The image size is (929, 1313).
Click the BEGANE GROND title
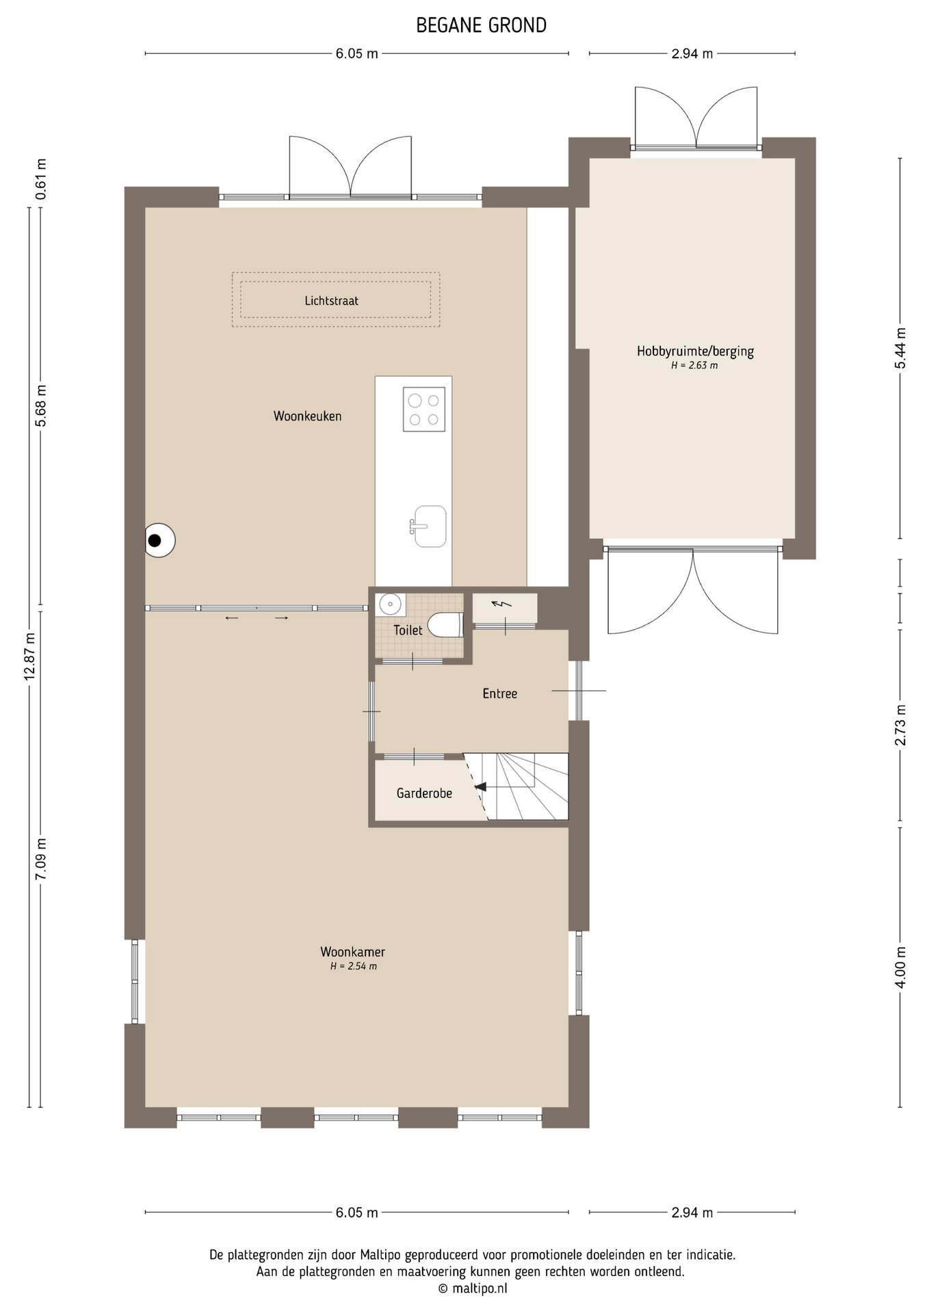(x=482, y=26)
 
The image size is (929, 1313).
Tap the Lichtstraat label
(x=332, y=301)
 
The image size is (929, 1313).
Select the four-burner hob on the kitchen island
(x=424, y=409)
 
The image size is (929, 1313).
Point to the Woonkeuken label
(x=308, y=416)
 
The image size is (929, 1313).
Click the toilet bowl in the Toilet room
(x=445, y=625)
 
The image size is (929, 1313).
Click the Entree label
(x=500, y=693)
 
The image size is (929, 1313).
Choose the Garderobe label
(x=424, y=793)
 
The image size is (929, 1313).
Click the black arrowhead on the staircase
(x=480, y=786)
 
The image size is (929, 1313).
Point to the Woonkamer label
(x=353, y=952)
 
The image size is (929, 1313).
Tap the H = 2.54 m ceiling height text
(x=354, y=966)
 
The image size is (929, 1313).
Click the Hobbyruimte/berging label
(x=695, y=352)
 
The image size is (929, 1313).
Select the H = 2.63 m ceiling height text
(x=695, y=366)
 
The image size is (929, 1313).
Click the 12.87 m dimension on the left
(x=29, y=656)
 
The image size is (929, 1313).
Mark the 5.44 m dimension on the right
(x=901, y=348)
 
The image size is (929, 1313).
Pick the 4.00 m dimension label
(x=901, y=967)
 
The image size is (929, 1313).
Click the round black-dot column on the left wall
(x=160, y=540)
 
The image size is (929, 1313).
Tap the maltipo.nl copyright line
(x=473, y=1288)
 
